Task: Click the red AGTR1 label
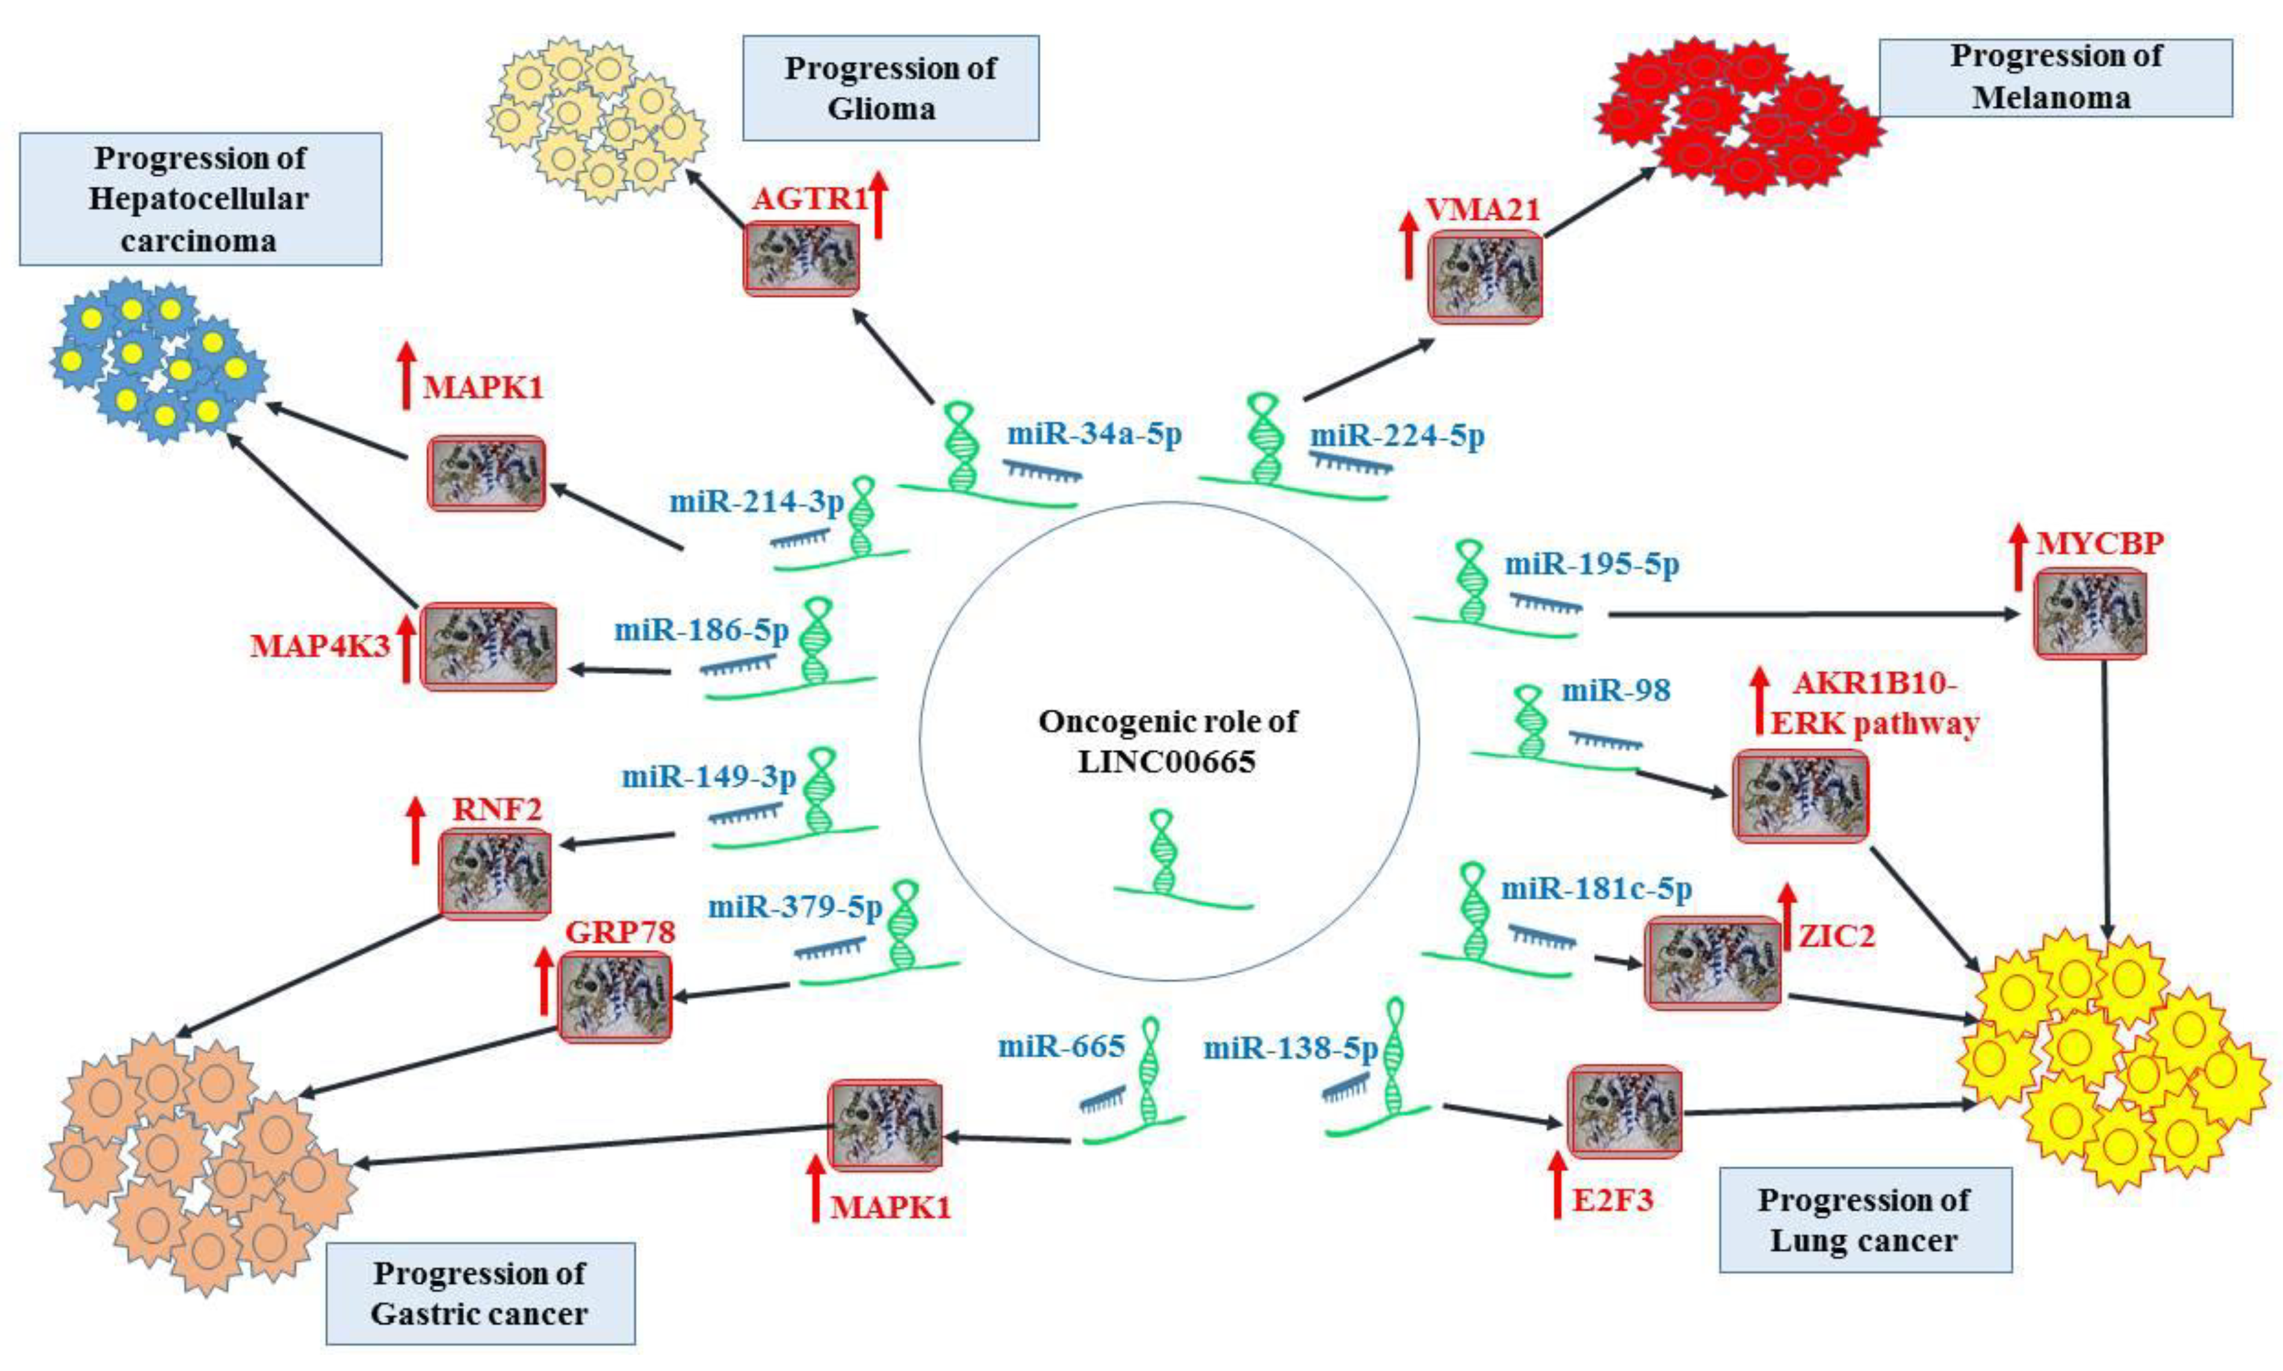[810, 199]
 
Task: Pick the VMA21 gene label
[1482, 209]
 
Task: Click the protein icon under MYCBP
[2089, 613]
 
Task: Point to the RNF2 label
[496, 809]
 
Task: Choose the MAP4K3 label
[320, 645]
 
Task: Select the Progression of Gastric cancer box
[480, 1293]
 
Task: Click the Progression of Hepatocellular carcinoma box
[200, 199]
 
